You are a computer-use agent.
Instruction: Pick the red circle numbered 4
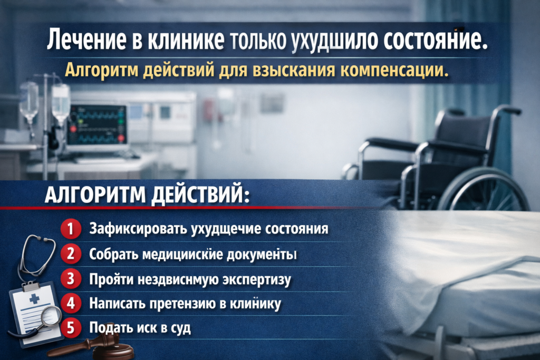(70, 304)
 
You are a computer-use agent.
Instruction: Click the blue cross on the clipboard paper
(35, 299)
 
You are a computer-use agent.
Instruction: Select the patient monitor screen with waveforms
(98, 124)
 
